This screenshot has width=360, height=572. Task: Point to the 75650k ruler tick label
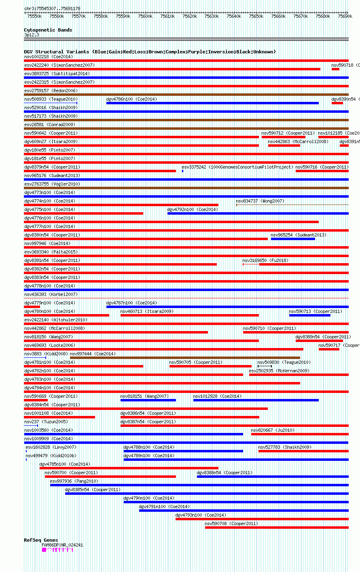pyautogui.click(x=256, y=16)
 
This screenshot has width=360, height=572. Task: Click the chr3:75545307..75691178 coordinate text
pyautogui.click(x=52, y=8)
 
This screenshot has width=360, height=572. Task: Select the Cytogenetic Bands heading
pyautogui.click(x=48, y=30)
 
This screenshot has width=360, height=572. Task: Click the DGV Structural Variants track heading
pyautogui.click(x=150, y=52)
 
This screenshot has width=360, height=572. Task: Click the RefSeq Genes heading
pyautogui.click(x=41, y=540)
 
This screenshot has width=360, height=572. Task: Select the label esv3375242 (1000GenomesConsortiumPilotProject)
pyautogui.click(x=237, y=167)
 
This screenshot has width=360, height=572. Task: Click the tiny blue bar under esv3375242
pyautogui.click(x=182, y=171)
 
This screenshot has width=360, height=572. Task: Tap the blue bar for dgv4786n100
pyautogui.click(x=212, y=103)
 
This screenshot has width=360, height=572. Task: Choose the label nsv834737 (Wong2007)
pyautogui.click(x=260, y=201)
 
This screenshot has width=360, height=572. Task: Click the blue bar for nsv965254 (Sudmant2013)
pyautogui.click(x=293, y=239)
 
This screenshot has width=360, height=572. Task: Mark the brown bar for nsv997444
pyautogui.click(x=185, y=358)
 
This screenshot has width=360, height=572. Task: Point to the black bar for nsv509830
pyautogui.click(x=265, y=366)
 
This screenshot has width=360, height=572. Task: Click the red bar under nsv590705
pyautogui.click(x=210, y=366)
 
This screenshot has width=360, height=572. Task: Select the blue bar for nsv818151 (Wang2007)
pyautogui.click(x=148, y=400)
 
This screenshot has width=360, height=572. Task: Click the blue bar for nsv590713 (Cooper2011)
pyautogui.click(x=309, y=315)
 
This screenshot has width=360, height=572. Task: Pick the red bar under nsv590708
pyautogui.click(x=277, y=528)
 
